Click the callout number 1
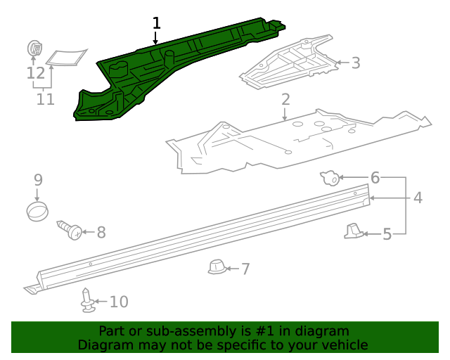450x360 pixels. pyautogui.click(x=156, y=23)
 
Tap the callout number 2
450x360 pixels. pyautogui.click(x=285, y=99)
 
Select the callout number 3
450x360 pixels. pyautogui.click(x=356, y=63)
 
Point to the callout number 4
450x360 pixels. pyautogui.click(x=418, y=198)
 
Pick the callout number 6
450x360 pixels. pyautogui.click(x=375, y=178)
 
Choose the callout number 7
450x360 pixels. pyautogui.click(x=245, y=268)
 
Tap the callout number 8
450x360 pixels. pyautogui.click(x=101, y=231)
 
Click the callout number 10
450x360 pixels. pyautogui.click(x=119, y=302)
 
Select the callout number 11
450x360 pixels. pyautogui.click(x=45, y=99)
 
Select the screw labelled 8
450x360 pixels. pyautogui.click(x=70, y=230)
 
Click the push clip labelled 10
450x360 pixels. pyautogui.click(x=87, y=300)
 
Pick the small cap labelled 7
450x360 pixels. pyautogui.click(x=217, y=266)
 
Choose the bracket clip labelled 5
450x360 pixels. pyautogui.click(x=355, y=230)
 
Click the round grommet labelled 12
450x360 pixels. pyautogui.click(x=34, y=49)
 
